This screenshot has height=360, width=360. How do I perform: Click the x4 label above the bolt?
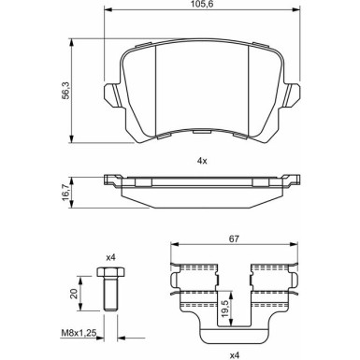[109, 257]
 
